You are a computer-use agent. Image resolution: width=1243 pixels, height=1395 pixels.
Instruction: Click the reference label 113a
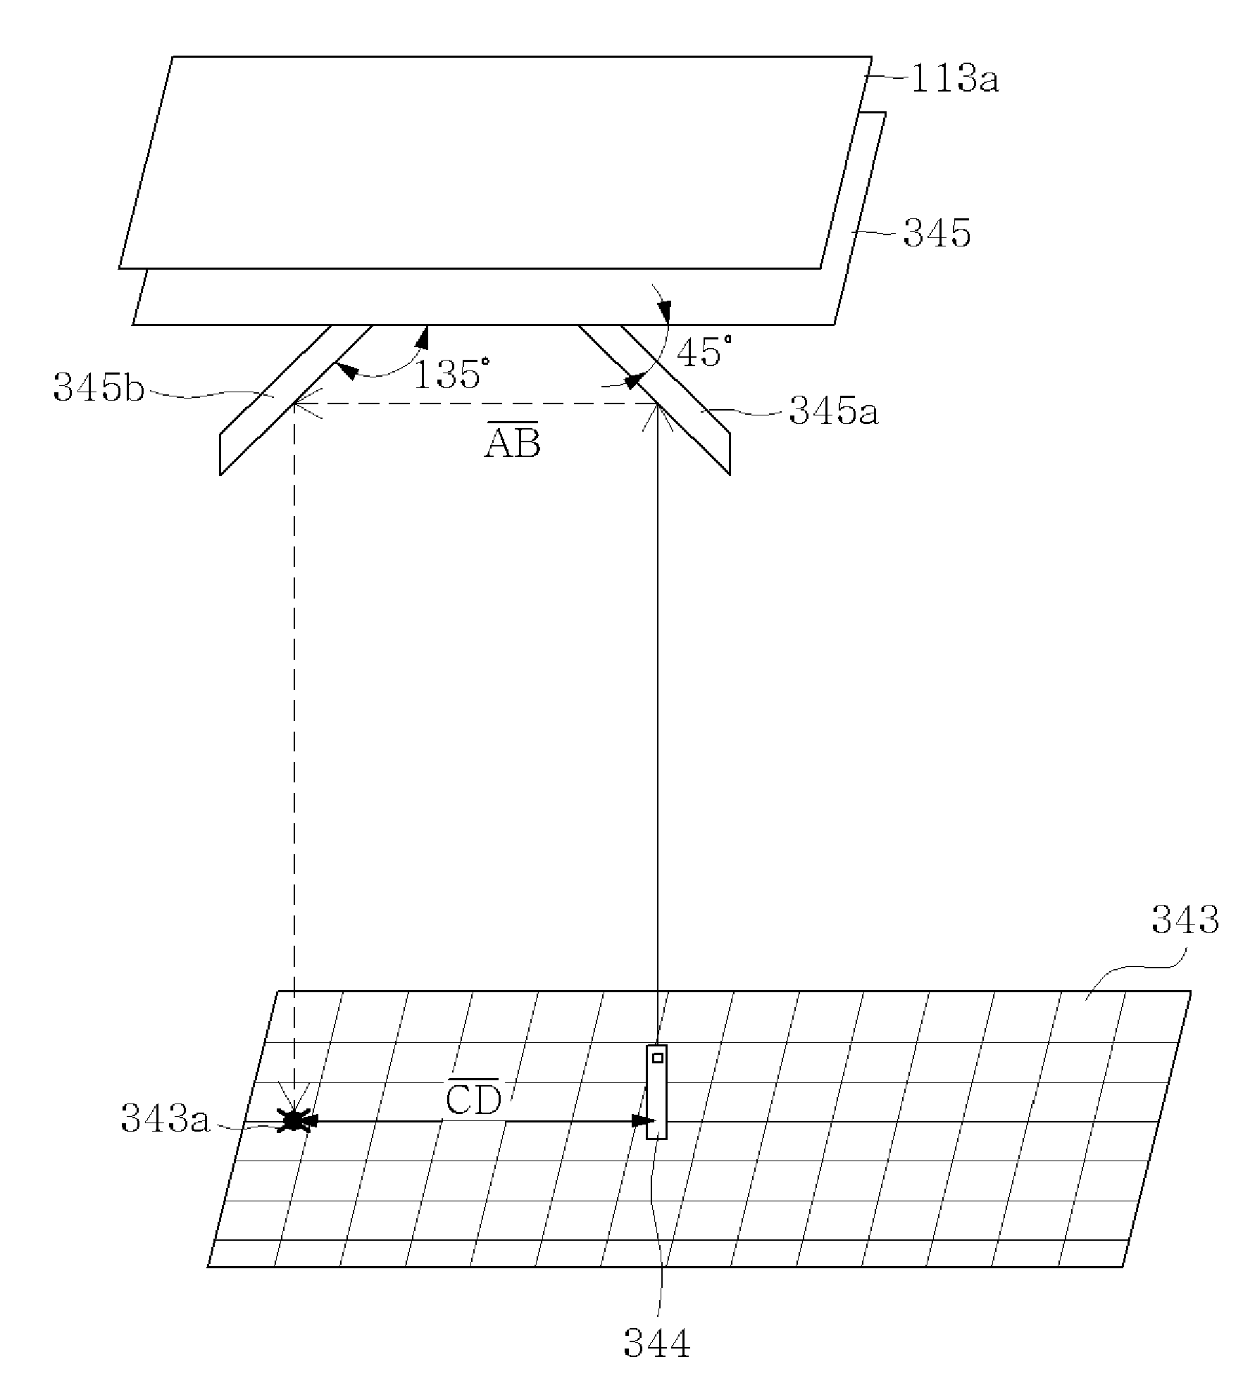954,79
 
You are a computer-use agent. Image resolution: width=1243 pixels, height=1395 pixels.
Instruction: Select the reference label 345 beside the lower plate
937,233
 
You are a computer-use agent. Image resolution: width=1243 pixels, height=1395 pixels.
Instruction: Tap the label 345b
99,387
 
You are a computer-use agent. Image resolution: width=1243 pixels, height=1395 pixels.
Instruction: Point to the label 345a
834,411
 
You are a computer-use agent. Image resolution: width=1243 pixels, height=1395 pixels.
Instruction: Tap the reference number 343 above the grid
1185,920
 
